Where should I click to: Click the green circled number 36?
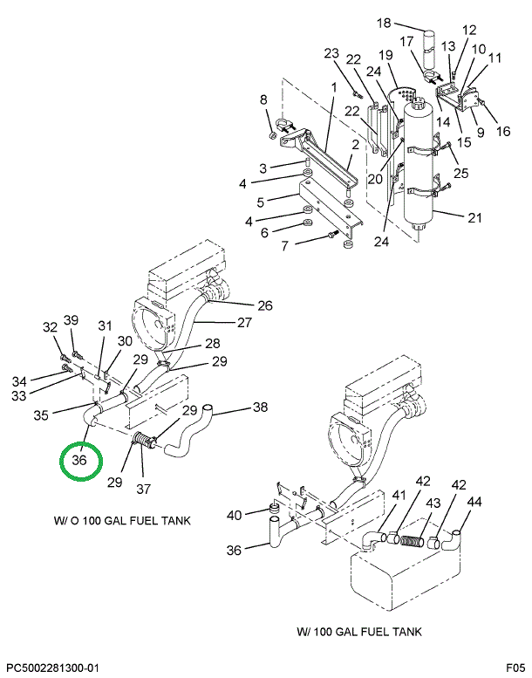point(80,461)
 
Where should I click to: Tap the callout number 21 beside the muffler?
point(474,217)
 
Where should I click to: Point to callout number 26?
point(264,305)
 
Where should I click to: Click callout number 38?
point(260,407)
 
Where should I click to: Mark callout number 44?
point(474,503)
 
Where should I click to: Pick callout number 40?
point(234,515)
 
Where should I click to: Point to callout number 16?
point(502,132)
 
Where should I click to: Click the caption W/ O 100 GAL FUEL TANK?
point(122,521)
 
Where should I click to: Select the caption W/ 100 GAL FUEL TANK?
point(358,631)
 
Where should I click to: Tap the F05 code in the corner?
point(515,668)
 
